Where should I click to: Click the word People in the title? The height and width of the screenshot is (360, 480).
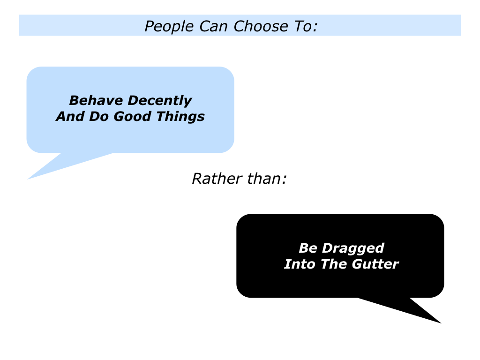pyautogui.click(x=169, y=27)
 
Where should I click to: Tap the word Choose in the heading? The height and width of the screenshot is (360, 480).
pyautogui.click(x=261, y=27)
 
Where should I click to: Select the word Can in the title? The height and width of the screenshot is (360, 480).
pyautogui.click(x=213, y=26)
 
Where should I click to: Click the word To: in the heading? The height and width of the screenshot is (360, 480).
pyautogui.click(x=306, y=26)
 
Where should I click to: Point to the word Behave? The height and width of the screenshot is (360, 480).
pyautogui.click(x=96, y=100)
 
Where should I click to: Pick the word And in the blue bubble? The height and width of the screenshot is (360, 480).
pyautogui.click(x=70, y=116)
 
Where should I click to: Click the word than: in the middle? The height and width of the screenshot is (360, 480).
pyautogui.click(x=267, y=179)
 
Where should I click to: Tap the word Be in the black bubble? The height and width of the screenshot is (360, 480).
pyautogui.click(x=307, y=248)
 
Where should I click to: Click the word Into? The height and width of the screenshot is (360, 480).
pyautogui.click(x=300, y=264)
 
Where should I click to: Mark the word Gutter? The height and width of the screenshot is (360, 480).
pyautogui.click(x=375, y=264)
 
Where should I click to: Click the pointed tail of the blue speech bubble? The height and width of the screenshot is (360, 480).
pyautogui.click(x=28, y=179)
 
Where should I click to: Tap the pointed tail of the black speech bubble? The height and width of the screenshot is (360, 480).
pyautogui.click(x=441, y=323)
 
